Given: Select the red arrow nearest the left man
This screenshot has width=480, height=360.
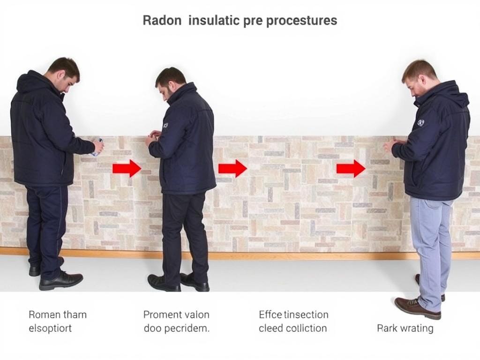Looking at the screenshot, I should [127, 168].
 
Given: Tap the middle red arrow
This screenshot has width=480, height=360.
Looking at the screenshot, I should [232, 168].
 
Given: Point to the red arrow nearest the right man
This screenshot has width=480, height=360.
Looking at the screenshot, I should [351, 168].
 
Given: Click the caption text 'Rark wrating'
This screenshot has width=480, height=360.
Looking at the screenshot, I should [405, 328].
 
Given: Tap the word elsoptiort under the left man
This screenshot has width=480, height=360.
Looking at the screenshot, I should [50, 328].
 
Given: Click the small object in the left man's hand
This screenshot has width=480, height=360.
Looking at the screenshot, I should [97, 147].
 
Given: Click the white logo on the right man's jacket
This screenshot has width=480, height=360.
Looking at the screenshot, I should [420, 123].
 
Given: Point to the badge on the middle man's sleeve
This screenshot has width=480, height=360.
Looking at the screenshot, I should [165, 126].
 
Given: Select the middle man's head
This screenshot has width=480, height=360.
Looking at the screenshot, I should [170, 83].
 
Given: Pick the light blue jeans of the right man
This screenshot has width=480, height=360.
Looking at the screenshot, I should [429, 244].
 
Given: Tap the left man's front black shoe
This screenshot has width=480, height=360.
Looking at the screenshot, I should [60, 280].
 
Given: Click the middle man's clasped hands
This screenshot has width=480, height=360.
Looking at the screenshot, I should [152, 138].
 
